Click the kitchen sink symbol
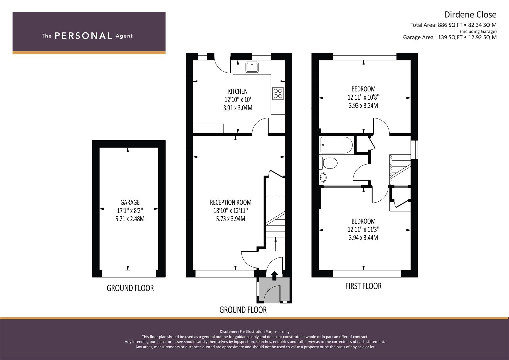(x=252, y=67)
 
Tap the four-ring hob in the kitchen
(x=278, y=93)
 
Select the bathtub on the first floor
(x=336, y=145)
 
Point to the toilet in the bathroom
(x=328, y=163)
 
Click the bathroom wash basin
(x=323, y=177)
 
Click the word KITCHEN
(x=238, y=91)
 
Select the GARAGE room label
(x=130, y=202)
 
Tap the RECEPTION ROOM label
(x=231, y=202)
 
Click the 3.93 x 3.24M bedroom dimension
(x=363, y=106)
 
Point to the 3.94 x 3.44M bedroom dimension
(x=363, y=238)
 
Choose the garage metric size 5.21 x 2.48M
(x=130, y=219)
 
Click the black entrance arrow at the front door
(x=274, y=275)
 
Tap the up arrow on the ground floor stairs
(x=276, y=244)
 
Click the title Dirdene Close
(x=470, y=15)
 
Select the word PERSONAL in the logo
(x=83, y=36)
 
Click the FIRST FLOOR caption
(x=363, y=286)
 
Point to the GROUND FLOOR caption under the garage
(x=130, y=288)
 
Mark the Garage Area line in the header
(x=450, y=37)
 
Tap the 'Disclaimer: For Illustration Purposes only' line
(x=255, y=332)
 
